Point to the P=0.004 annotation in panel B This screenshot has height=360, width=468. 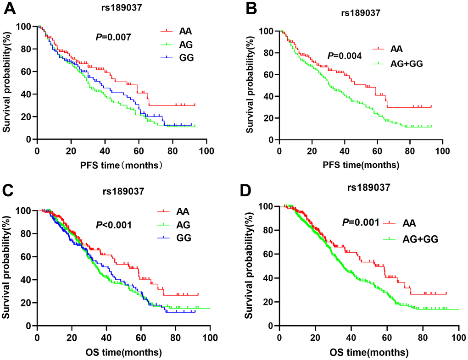(345, 56)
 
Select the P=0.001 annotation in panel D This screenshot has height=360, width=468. (360, 223)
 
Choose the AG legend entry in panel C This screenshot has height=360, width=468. (183, 226)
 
